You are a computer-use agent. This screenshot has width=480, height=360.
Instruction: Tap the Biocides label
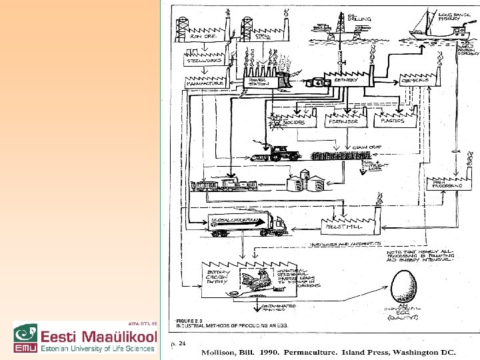pos(293,123)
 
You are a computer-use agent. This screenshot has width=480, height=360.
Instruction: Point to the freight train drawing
pos(223,185)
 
